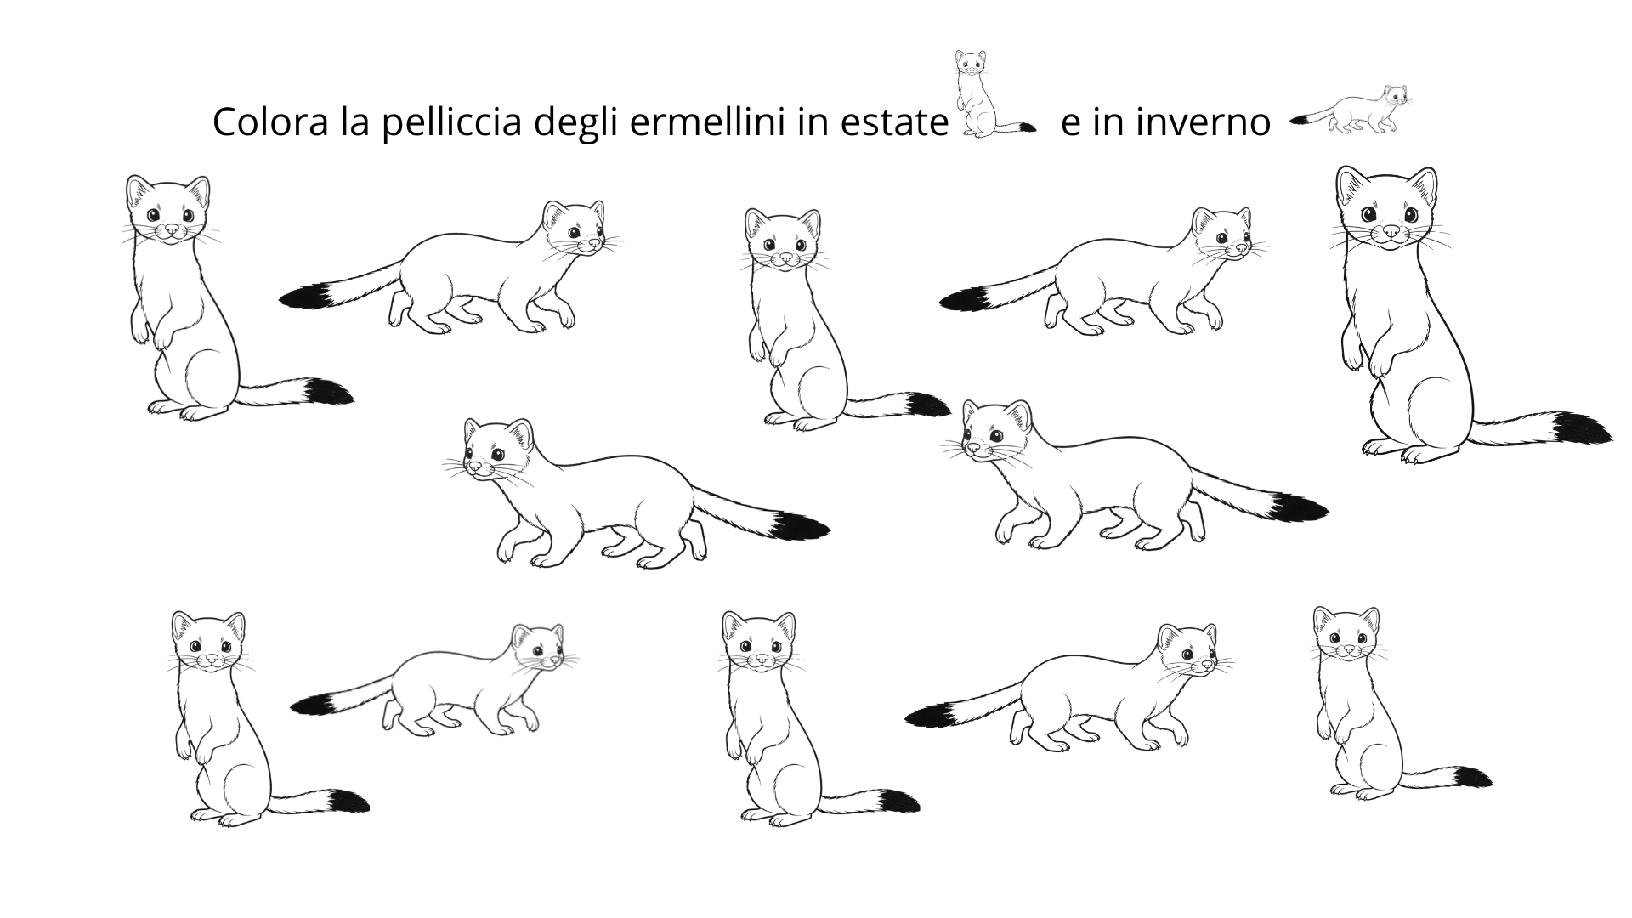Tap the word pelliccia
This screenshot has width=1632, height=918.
click(451, 123)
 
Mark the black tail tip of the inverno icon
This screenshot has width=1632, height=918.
click(1300, 122)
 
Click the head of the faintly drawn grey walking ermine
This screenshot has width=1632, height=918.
click(539, 649)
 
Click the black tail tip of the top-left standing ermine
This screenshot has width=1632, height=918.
click(330, 392)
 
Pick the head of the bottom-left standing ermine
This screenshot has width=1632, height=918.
click(208, 643)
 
